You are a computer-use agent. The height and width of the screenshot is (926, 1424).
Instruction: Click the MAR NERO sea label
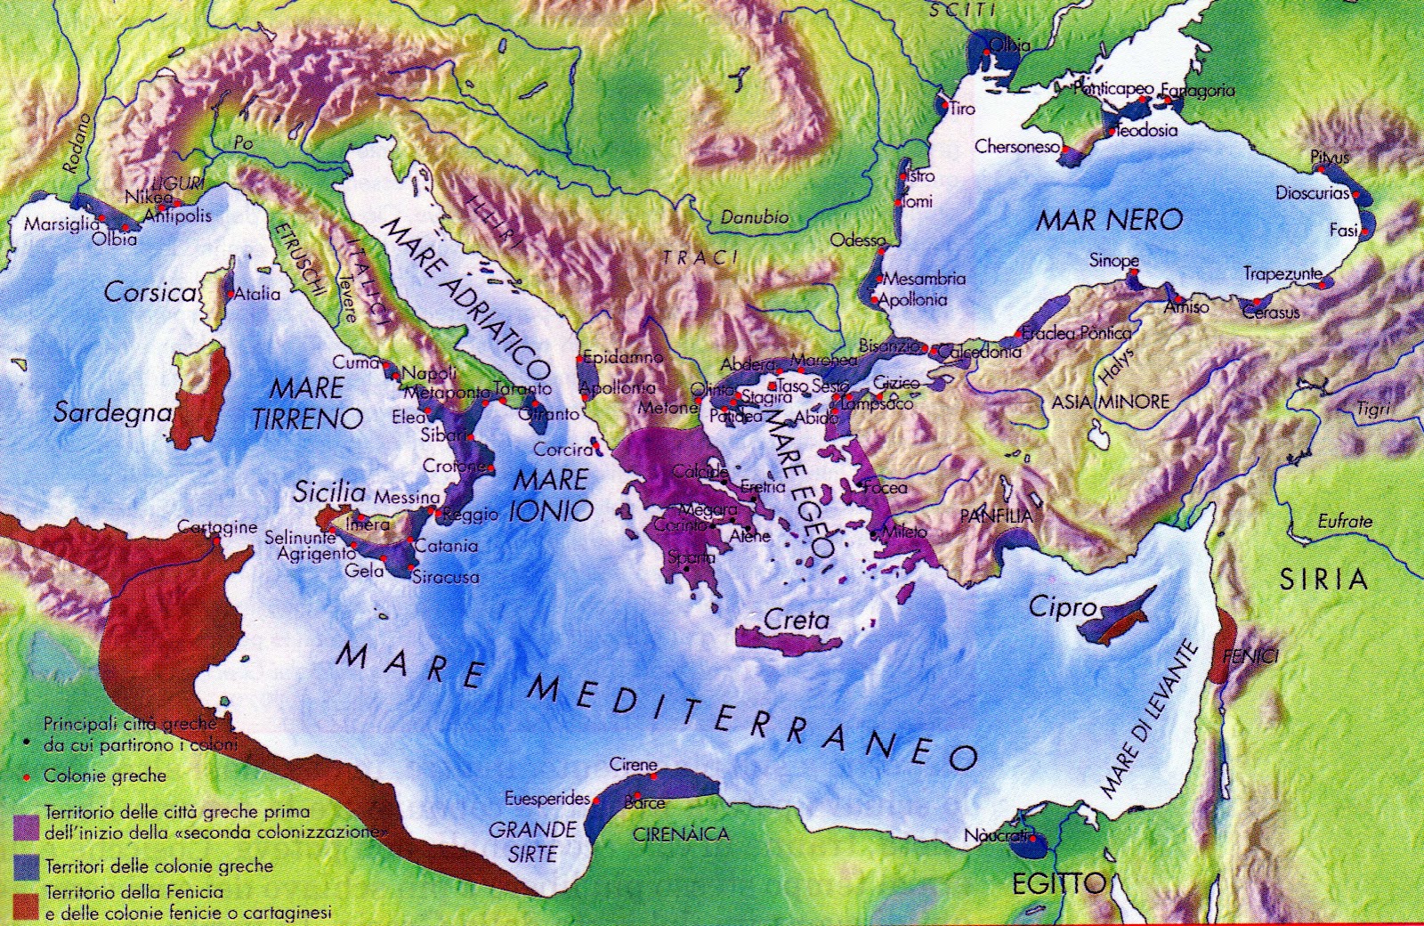point(1109,220)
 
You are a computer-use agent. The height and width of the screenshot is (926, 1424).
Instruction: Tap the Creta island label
point(797,620)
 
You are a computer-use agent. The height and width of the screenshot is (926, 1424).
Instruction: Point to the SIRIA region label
point(1323,580)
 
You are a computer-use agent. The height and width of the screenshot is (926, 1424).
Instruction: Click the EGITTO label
point(1058,884)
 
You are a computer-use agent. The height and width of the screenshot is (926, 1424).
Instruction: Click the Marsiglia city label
point(61,224)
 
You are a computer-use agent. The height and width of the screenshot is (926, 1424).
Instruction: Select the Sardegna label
point(112,413)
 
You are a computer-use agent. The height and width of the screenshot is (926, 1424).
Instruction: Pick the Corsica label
point(150,292)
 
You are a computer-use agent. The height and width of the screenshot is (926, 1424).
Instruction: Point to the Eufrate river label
point(1345,521)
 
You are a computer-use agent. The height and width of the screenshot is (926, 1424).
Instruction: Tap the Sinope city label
point(1113,261)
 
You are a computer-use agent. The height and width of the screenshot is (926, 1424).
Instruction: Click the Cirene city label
point(634,765)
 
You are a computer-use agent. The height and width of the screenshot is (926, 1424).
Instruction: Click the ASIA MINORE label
point(1110,402)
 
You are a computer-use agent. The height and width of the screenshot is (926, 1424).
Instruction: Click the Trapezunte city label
point(1282,274)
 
